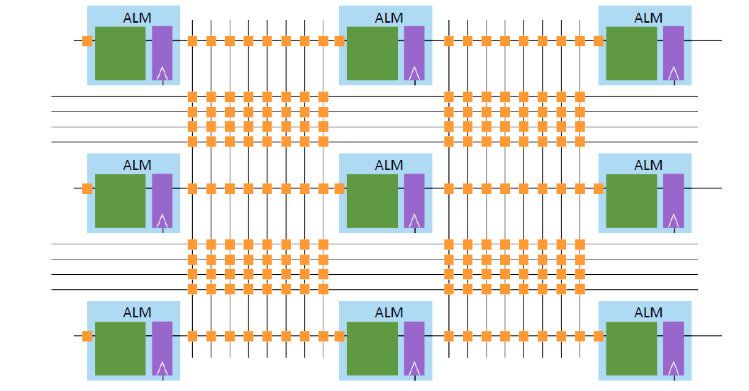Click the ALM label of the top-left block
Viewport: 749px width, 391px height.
coord(137,18)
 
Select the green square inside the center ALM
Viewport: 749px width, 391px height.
coord(372,201)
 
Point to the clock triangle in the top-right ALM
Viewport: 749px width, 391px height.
coord(674,73)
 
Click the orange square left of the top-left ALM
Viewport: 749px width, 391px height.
coord(87,41)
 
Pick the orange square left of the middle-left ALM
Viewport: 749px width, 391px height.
coord(87,188)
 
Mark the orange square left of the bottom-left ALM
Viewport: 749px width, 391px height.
coord(87,336)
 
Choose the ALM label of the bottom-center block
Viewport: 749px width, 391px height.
coord(389,312)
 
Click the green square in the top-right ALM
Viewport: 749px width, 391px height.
coord(631,53)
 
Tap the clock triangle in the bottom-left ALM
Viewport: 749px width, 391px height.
coord(162,368)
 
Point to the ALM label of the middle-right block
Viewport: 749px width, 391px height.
coord(648,165)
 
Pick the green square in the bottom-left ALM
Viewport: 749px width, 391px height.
coord(120,348)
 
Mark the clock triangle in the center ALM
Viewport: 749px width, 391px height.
coord(415,220)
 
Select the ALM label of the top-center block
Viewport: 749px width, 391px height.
coord(389,18)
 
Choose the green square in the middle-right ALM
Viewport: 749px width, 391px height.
coord(631,201)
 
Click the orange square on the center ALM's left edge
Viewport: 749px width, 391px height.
coord(340,188)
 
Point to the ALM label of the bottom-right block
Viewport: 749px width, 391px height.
coord(648,312)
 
